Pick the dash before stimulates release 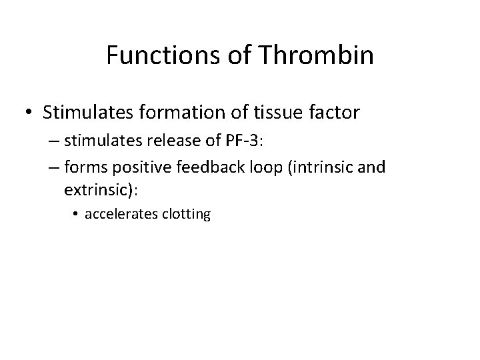coord(54,145)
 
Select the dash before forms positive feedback coord(54,167)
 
